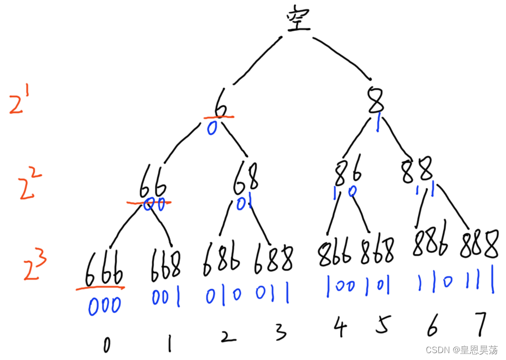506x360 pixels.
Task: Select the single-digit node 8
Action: coord(376,101)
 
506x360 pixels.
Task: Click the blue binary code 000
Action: coord(105,305)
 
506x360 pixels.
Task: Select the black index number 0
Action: coord(107,345)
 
